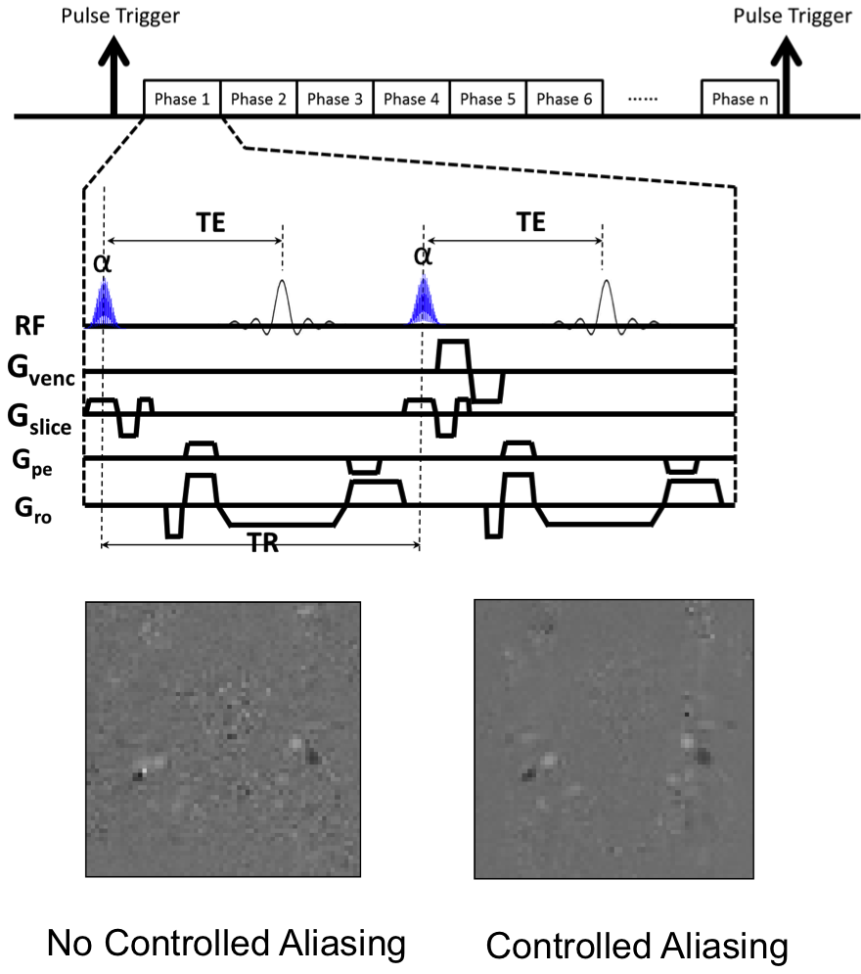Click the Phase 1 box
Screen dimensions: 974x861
click(182, 99)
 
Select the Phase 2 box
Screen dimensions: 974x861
click(258, 99)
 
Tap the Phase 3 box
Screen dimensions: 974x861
click(335, 99)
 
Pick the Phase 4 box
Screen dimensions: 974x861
click(411, 99)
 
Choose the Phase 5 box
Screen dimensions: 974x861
click(487, 99)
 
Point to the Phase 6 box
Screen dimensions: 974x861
click(564, 99)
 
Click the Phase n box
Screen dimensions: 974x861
click(740, 99)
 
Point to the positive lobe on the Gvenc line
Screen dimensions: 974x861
click(454, 354)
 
